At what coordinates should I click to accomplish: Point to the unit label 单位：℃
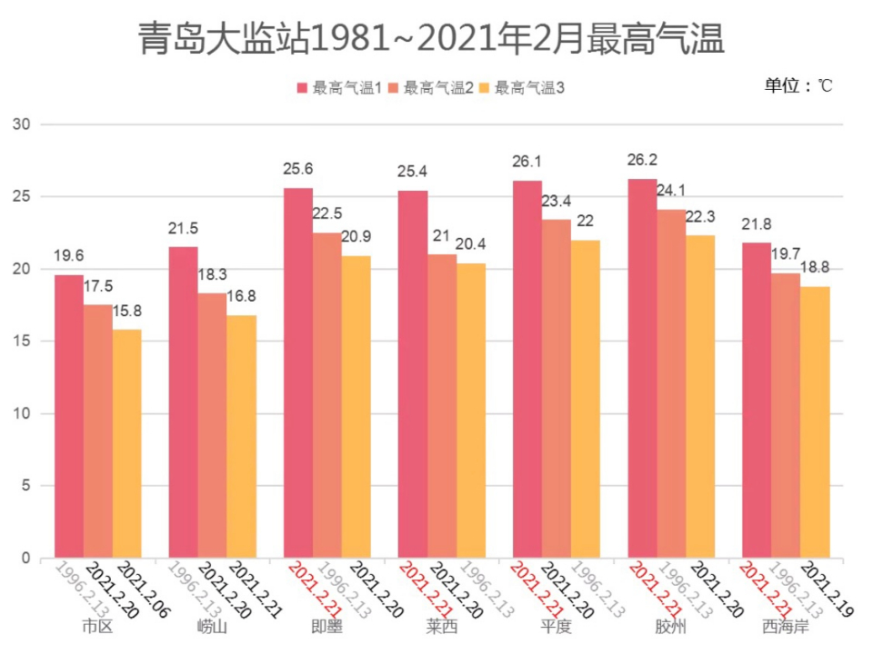(798, 85)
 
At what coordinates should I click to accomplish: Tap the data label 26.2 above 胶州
(643, 160)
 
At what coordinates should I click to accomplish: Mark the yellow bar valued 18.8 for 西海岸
(815, 421)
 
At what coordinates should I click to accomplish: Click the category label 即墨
(326, 627)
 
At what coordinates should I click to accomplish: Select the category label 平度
(557, 627)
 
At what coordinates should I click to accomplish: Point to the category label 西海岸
(786, 627)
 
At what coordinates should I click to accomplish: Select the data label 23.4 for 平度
(557, 201)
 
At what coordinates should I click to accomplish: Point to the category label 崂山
(212, 627)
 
